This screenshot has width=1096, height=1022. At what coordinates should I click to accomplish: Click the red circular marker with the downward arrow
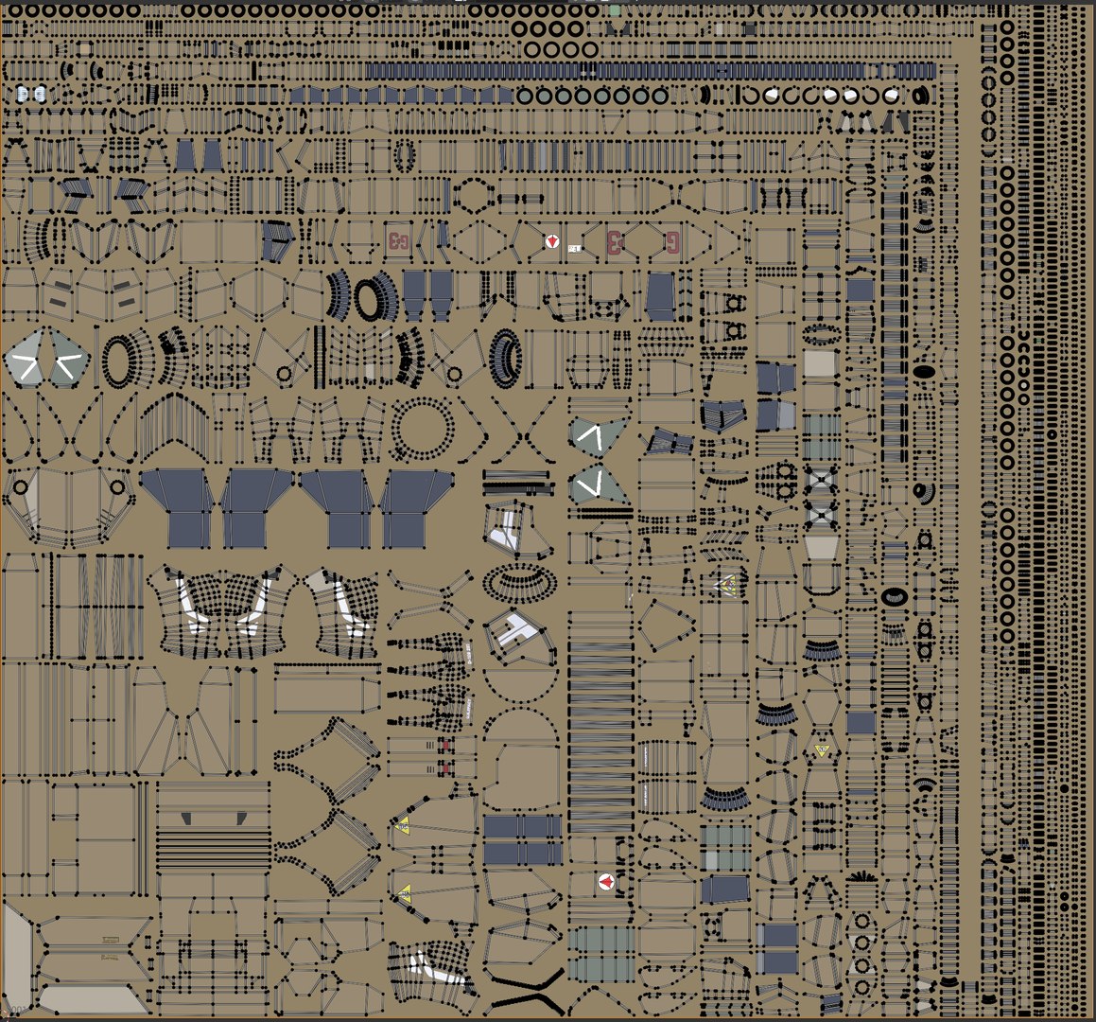[x=551, y=242]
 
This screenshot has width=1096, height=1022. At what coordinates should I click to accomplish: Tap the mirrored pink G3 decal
[x=397, y=240]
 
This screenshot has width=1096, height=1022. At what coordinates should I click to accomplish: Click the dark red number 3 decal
[x=615, y=241]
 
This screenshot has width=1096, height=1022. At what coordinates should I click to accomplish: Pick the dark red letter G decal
[x=672, y=241]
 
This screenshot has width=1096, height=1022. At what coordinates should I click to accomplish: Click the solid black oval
[x=925, y=372]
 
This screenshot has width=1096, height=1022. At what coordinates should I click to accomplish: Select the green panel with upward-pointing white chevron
[x=599, y=434]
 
